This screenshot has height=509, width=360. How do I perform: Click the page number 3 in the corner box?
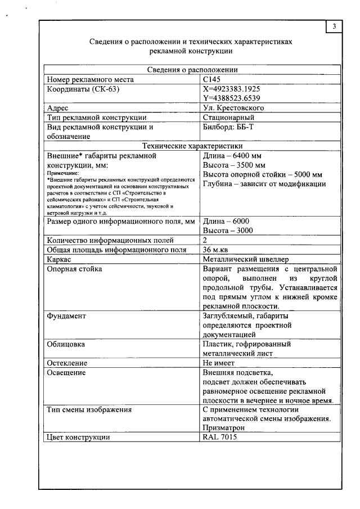334,26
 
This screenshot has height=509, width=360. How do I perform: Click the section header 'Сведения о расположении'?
192,70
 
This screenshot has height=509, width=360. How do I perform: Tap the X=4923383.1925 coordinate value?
231,89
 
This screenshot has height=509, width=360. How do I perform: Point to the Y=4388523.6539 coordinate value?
231,98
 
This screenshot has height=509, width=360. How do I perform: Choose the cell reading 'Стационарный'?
228,118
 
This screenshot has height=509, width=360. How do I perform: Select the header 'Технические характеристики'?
192,146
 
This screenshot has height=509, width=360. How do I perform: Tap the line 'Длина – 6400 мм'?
232,156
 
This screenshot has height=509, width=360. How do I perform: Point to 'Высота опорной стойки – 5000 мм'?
262,174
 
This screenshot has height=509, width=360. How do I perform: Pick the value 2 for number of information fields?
205,240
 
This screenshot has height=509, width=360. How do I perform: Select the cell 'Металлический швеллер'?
245,259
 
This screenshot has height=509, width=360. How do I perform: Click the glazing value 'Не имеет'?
218,363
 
